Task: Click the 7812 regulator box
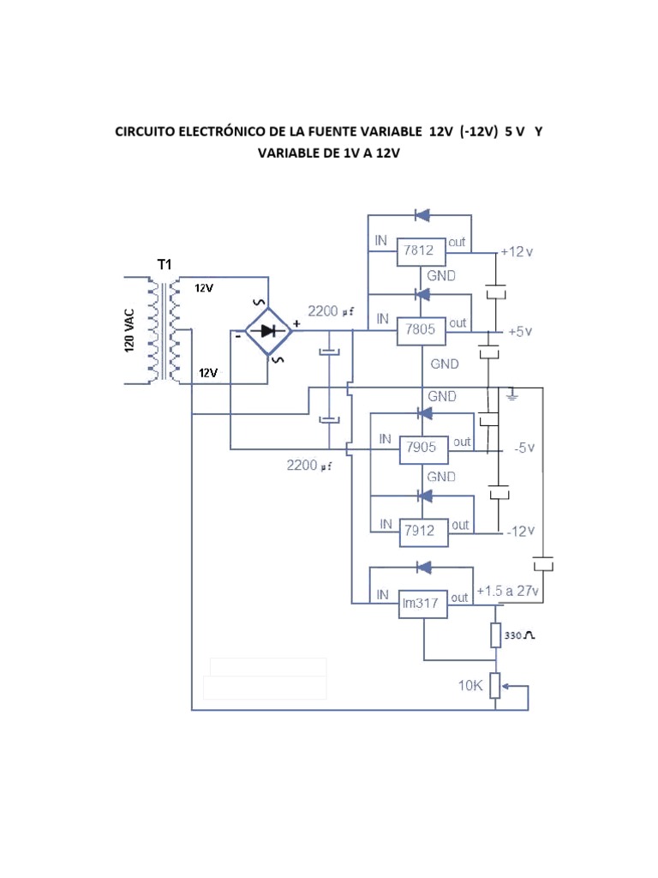[x=421, y=252]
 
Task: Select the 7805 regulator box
[x=421, y=330]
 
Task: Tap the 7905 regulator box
[x=421, y=447]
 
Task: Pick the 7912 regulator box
[x=421, y=531]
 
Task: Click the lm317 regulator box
[x=421, y=604]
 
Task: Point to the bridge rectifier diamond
[x=267, y=331]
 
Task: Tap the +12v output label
[x=517, y=252]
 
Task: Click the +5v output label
[x=520, y=331]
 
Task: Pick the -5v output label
[x=523, y=448]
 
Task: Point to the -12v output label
[x=519, y=532]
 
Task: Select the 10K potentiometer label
[x=471, y=686]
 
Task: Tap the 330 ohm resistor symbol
[x=496, y=635]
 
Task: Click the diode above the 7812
[x=421, y=214]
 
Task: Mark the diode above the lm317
[x=421, y=567]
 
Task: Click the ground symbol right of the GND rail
[x=512, y=394]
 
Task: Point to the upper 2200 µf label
[x=332, y=311]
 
